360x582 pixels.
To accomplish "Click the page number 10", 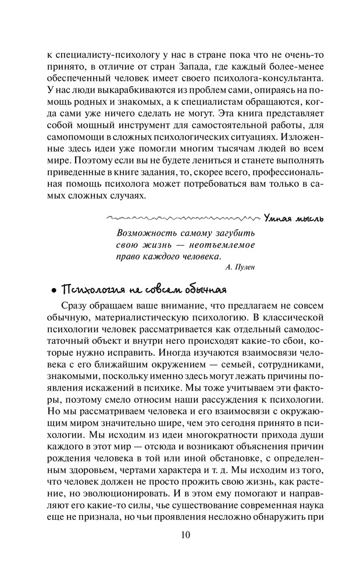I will coord(180,535).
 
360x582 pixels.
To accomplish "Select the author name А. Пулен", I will coord(239,267).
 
